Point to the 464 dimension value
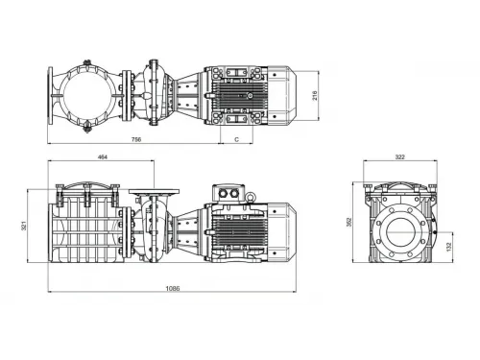[102, 156]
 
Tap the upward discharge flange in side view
[148, 192]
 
